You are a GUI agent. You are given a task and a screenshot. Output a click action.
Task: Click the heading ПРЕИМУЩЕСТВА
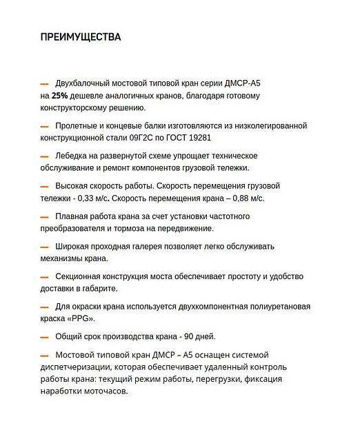click(x=81, y=37)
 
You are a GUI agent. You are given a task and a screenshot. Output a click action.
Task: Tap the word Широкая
click(x=76, y=246)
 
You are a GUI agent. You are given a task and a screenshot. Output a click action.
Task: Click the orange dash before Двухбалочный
click(x=44, y=84)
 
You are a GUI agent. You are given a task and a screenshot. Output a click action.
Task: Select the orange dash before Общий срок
click(x=44, y=337)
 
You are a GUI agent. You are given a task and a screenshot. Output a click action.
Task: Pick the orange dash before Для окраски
click(x=44, y=307)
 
